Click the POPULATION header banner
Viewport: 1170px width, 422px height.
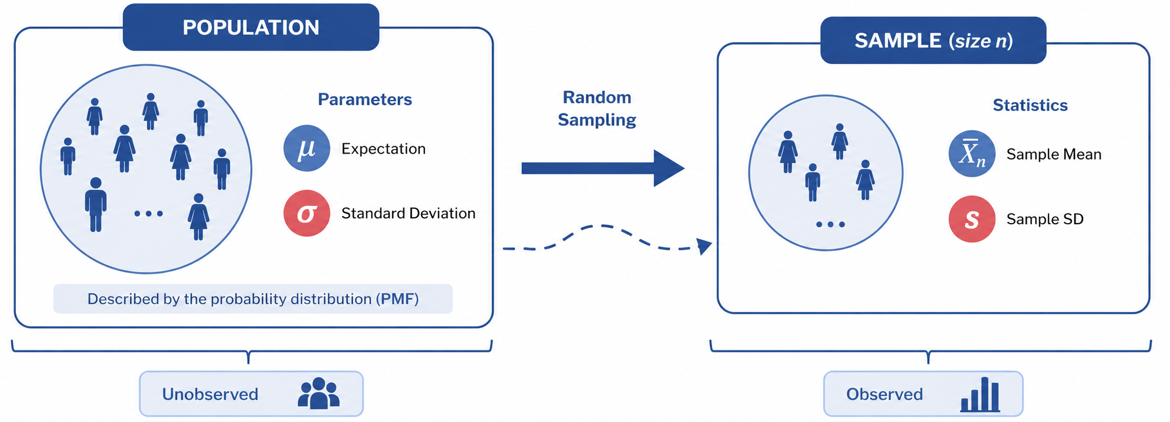pyautogui.click(x=251, y=27)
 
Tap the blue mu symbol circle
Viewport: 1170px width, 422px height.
pyautogui.click(x=306, y=148)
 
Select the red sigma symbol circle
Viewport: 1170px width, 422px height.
pyautogui.click(x=306, y=213)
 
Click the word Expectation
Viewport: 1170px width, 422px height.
pyautogui.click(x=383, y=149)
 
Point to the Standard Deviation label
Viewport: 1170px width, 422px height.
pyautogui.click(x=408, y=213)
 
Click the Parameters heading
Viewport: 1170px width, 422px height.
pyautogui.click(x=365, y=99)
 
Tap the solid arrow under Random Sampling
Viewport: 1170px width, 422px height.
pyautogui.click(x=603, y=168)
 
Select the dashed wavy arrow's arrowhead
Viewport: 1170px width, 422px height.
pyautogui.click(x=704, y=245)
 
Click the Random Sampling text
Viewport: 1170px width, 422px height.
pyautogui.click(x=596, y=109)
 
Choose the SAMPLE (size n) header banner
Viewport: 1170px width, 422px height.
pyautogui.click(x=933, y=40)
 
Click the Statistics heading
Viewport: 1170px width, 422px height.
pyautogui.click(x=1030, y=105)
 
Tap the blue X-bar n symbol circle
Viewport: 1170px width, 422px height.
pyautogui.click(x=972, y=154)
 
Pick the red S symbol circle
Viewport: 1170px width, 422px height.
pyautogui.click(x=972, y=219)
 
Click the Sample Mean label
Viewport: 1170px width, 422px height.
pyautogui.click(x=1054, y=154)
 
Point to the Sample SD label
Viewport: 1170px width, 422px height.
pyautogui.click(x=1045, y=219)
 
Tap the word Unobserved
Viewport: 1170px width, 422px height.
pyautogui.click(x=210, y=394)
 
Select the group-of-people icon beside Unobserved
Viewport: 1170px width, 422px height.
pyautogui.click(x=319, y=393)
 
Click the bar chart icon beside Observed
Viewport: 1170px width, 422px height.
pyautogui.click(x=980, y=394)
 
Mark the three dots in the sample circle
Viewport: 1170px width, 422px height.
pyautogui.click(x=830, y=224)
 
